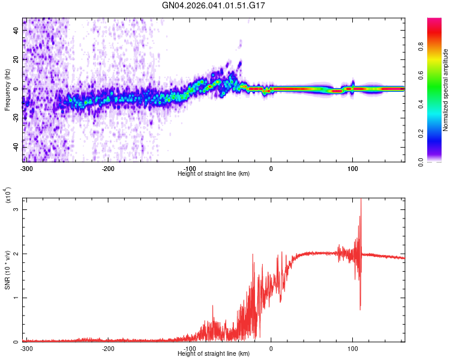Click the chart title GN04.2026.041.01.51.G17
214,5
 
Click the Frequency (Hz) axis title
7,90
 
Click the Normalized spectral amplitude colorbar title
446,90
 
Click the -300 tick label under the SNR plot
26,348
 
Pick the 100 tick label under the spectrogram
353,168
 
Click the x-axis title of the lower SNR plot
214,354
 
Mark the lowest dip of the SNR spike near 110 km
360,309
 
